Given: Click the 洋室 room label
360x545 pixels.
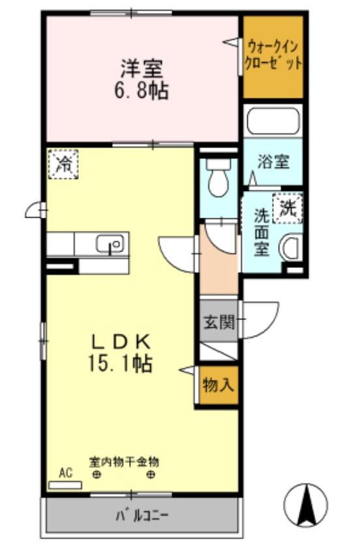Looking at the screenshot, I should coord(141,67).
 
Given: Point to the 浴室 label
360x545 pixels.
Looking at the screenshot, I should coord(273,162).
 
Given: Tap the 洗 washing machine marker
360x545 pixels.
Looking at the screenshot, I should coord(288,208).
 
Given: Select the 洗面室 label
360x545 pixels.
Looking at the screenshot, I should coord(262,231).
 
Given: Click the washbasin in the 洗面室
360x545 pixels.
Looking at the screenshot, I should coord(290,250).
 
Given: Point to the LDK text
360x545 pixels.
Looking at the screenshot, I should coord(121,340).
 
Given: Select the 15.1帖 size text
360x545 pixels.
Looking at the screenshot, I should coord(121,363).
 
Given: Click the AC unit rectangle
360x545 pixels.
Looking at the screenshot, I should coord(65,485).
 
